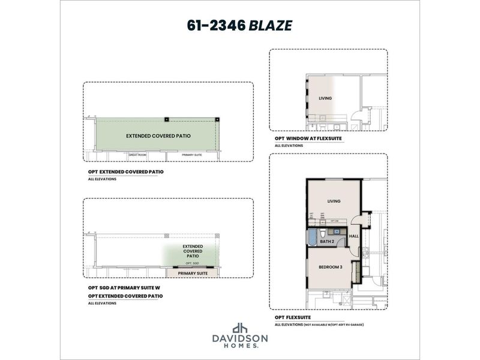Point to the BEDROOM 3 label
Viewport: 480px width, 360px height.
pos(330,267)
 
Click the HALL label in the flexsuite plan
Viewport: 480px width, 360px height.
pos(353,236)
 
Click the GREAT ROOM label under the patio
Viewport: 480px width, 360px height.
pos(137,155)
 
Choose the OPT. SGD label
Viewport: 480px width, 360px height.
pos(192,263)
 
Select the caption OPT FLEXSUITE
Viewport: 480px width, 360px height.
pos(292,317)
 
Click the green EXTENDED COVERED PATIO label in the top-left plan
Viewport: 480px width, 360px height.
pos(158,136)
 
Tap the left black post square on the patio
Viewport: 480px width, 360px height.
pos(167,119)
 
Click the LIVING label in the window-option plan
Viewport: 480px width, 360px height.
pos(325,98)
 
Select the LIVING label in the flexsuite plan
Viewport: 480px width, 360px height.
pos(334,201)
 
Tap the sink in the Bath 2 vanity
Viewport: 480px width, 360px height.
pos(337,230)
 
